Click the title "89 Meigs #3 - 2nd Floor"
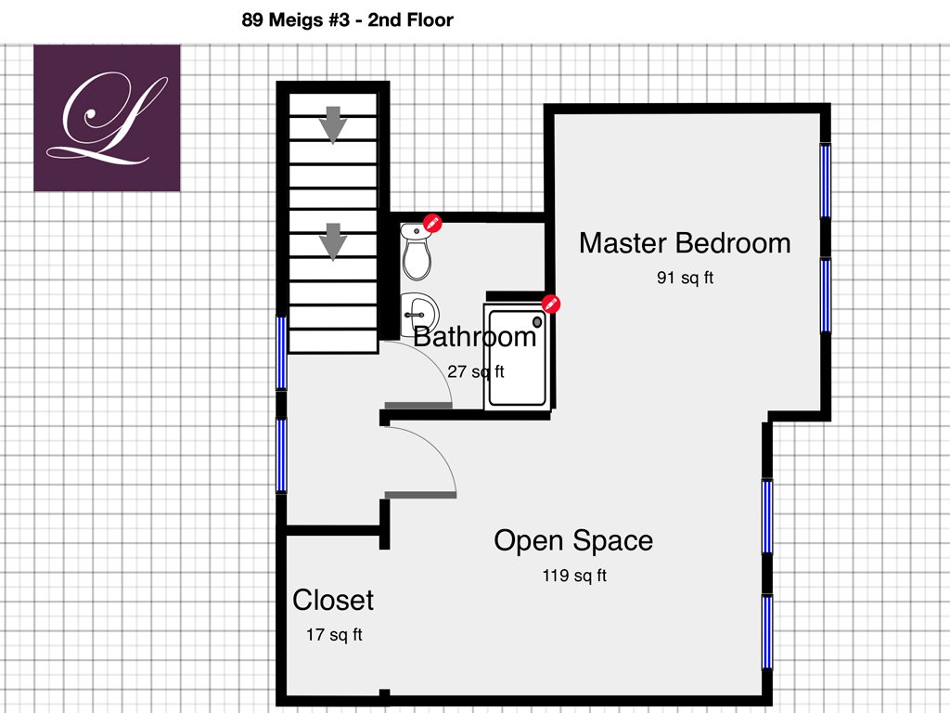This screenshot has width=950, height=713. (347, 20)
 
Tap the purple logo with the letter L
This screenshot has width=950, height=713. (107, 118)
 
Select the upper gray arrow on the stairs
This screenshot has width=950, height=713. (333, 125)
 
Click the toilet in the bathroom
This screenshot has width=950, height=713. (417, 252)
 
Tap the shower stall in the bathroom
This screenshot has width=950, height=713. (517, 356)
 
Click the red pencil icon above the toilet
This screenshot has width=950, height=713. (432, 223)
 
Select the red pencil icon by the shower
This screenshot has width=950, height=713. (551, 304)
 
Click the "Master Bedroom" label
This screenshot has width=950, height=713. (685, 243)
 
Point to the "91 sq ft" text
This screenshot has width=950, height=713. (685, 278)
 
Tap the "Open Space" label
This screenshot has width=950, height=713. (573, 541)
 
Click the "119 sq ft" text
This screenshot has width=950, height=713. (574, 575)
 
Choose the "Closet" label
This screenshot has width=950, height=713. (333, 601)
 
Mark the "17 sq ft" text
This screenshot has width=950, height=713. (334, 635)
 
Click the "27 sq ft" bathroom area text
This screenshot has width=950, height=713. (476, 371)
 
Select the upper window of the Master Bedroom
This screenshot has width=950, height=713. (825, 181)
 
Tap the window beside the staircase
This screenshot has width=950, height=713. (281, 353)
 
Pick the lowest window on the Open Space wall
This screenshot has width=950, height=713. (767, 632)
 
